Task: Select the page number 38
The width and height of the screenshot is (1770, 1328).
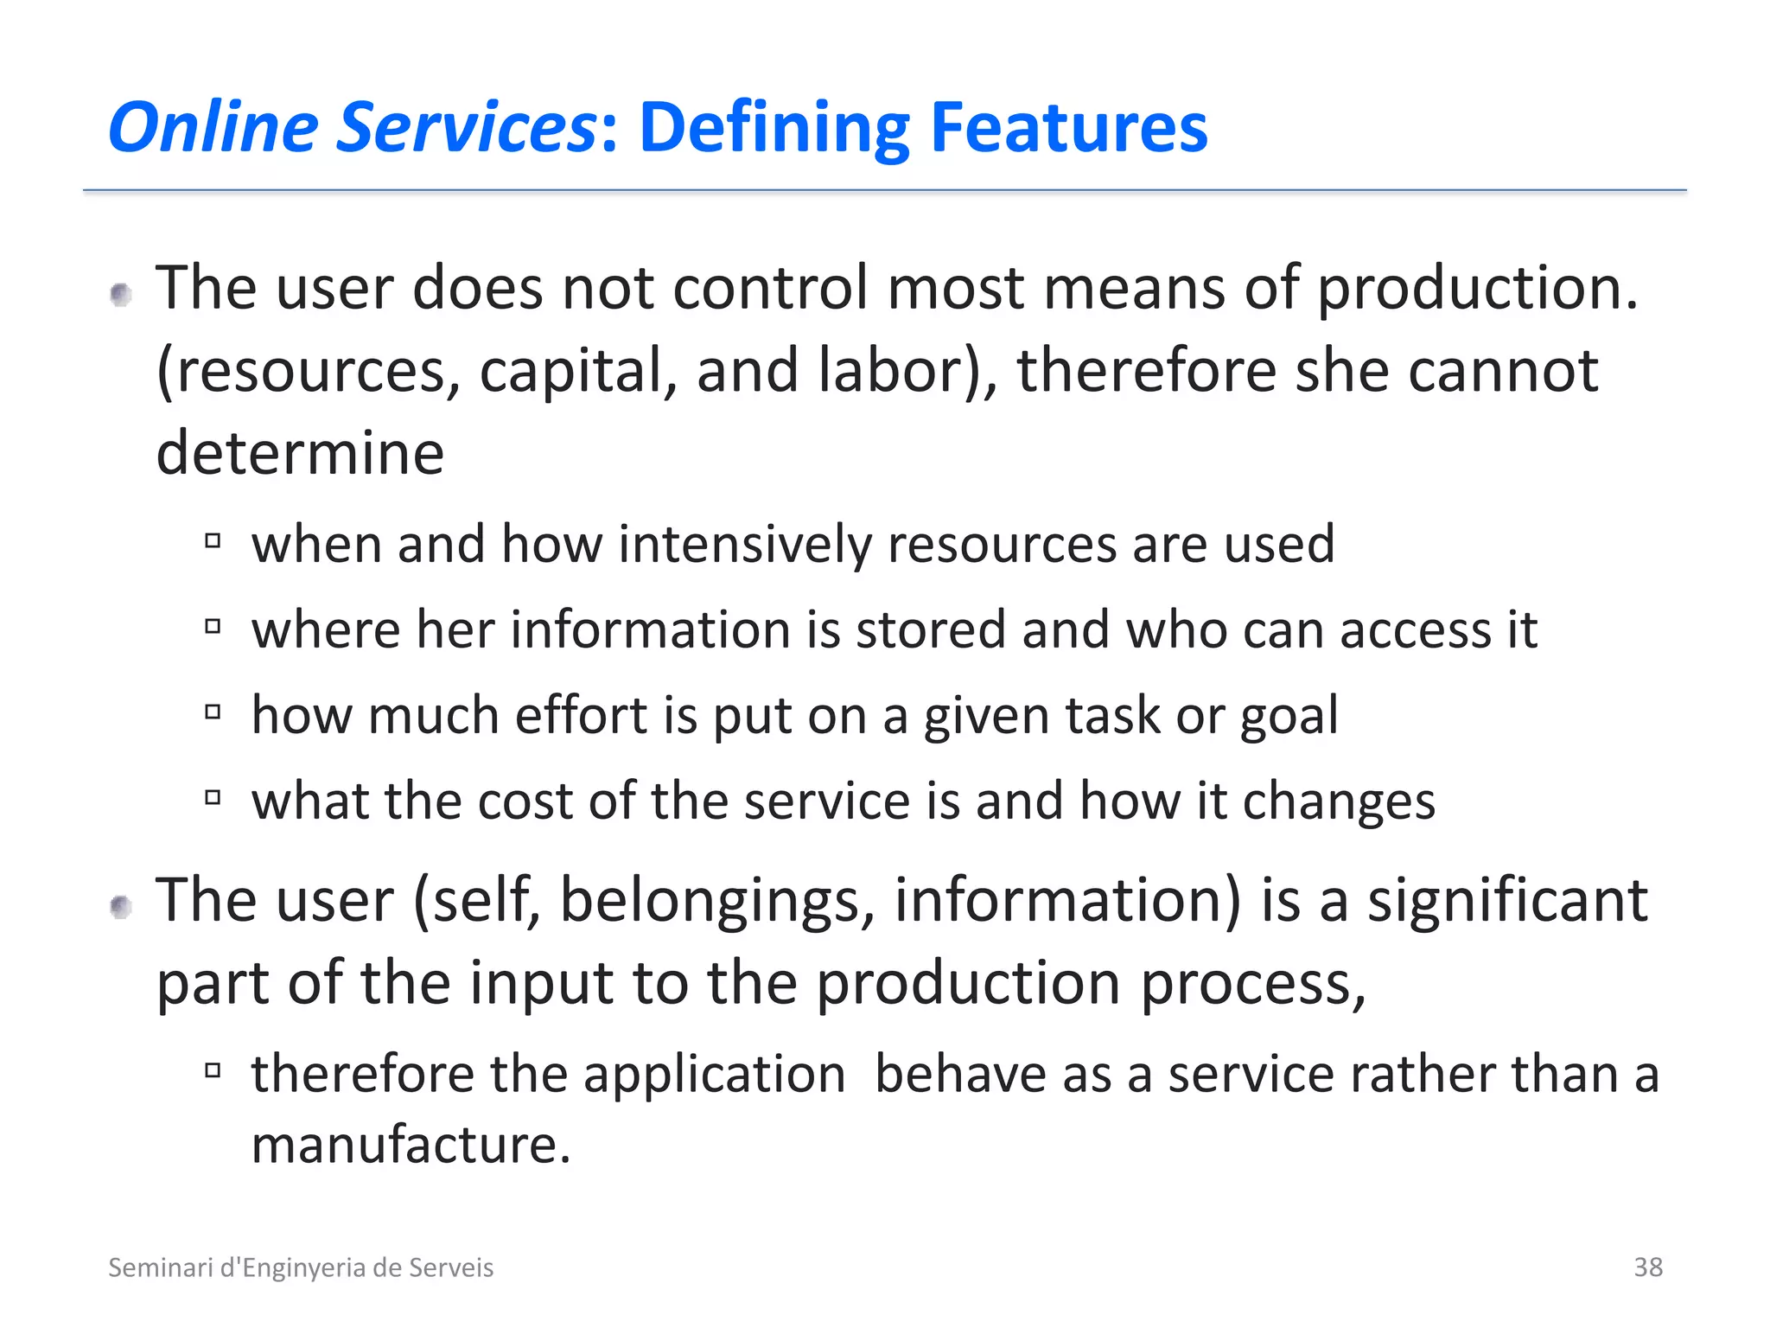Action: point(1647,1267)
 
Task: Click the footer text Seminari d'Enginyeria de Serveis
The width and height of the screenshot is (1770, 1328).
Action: point(301,1267)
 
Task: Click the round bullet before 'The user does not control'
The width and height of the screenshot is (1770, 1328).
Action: point(121,296)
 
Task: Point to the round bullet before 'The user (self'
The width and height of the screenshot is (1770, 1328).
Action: point(121,907)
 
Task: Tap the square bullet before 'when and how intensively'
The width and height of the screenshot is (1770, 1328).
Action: point(213,541)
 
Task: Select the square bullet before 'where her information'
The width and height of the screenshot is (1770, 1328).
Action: point(213,626)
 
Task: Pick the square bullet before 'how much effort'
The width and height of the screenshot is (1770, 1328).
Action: point(213,712)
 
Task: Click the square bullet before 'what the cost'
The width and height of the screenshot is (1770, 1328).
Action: point(213,796)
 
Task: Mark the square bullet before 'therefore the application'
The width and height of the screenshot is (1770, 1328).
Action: point(213,1070)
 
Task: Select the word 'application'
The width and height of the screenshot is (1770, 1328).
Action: point(714,1075)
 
